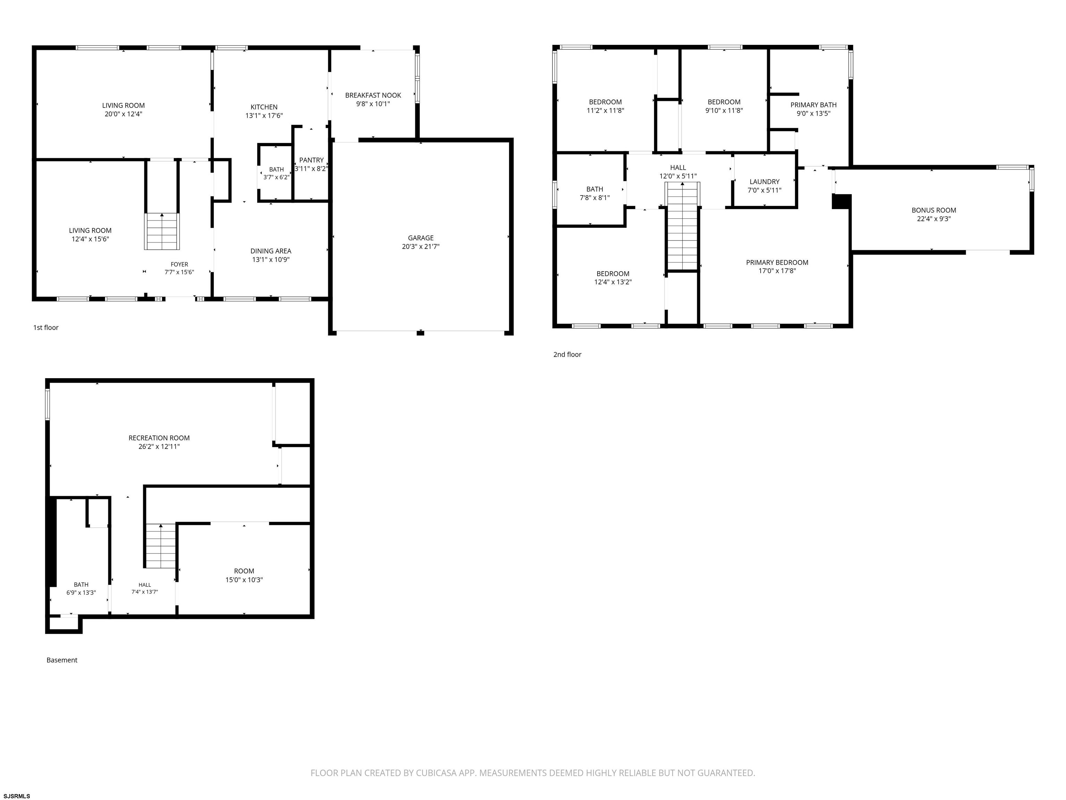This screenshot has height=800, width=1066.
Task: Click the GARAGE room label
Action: (421, 238)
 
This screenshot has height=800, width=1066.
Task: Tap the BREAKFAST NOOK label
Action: (373, 95)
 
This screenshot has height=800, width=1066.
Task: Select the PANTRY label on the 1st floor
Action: (311, 160)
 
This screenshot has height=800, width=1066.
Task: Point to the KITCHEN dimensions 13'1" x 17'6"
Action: (264, 116)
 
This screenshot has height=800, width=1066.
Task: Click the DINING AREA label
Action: (271, 251)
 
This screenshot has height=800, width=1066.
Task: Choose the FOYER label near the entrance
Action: (179, 264)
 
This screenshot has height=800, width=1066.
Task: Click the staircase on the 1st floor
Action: (162, 232)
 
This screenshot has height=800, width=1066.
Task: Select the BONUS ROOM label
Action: (934, 210)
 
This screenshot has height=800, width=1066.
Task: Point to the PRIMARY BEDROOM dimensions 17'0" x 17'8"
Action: (777, 271)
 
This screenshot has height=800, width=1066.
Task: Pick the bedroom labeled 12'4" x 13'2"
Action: (613, 278)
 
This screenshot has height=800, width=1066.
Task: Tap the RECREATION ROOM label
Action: (159, 438)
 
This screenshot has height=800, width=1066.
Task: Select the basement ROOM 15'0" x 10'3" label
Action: (244, 575)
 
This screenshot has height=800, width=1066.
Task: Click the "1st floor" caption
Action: (46, 328)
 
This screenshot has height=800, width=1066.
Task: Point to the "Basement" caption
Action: (62, 660)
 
